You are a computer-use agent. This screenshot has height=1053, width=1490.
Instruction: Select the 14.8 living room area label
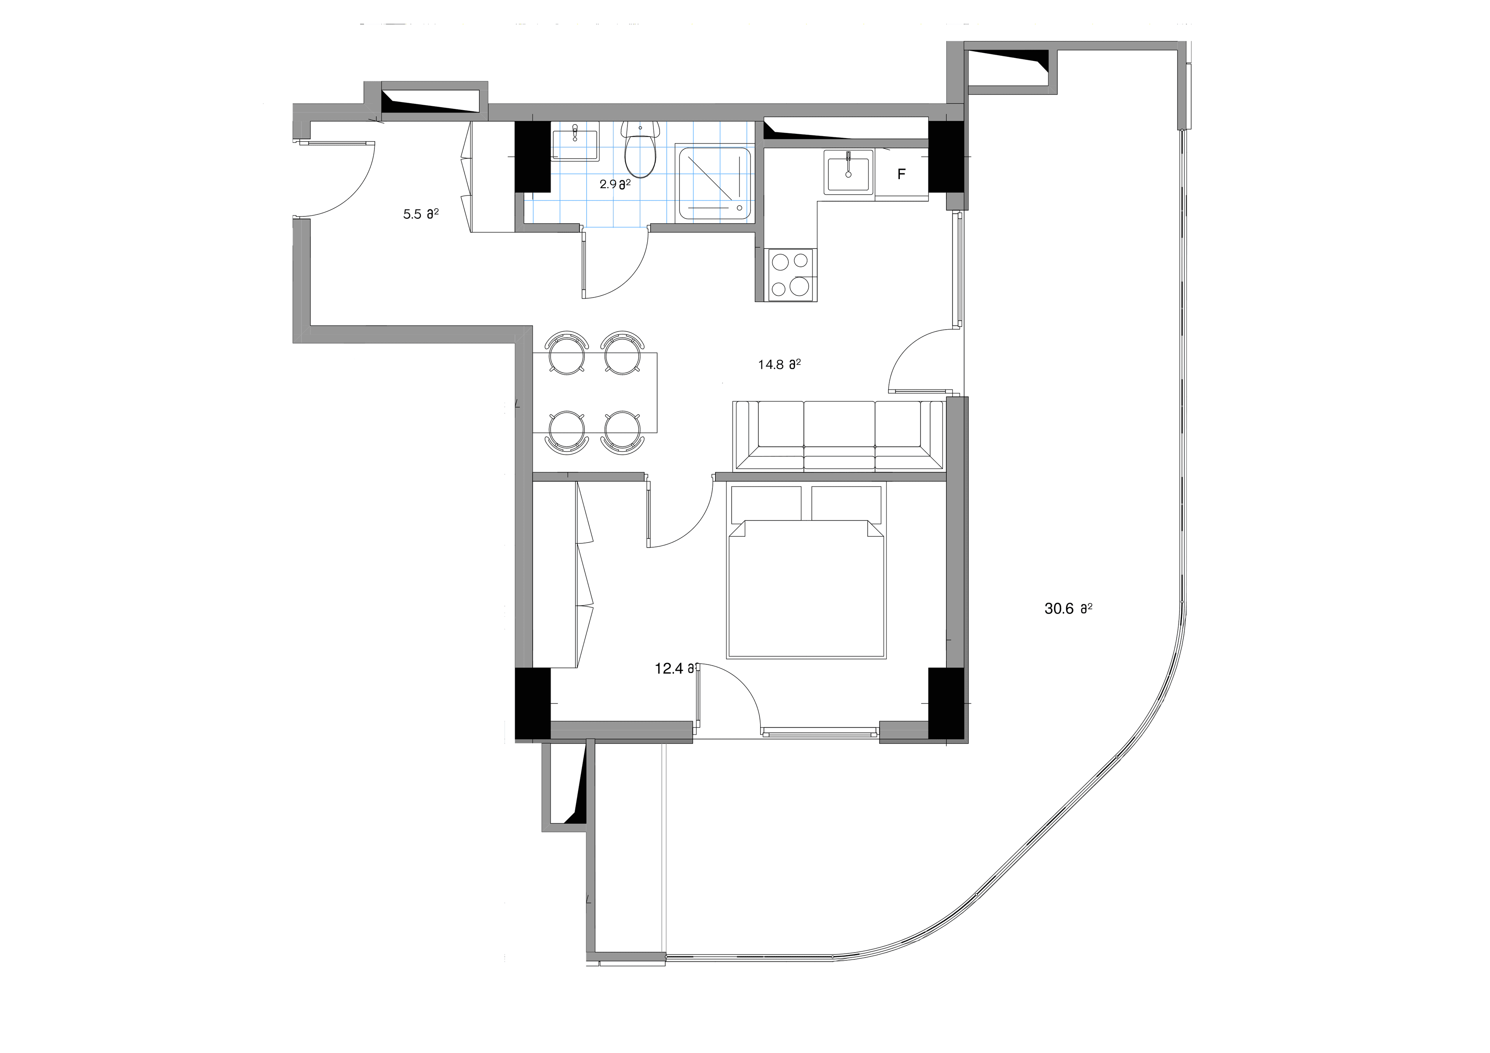click(779, 365)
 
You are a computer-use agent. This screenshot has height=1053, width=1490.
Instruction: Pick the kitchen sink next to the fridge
click(848, 171)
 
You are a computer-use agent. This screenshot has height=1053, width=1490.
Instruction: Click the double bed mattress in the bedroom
click(807, 590)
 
